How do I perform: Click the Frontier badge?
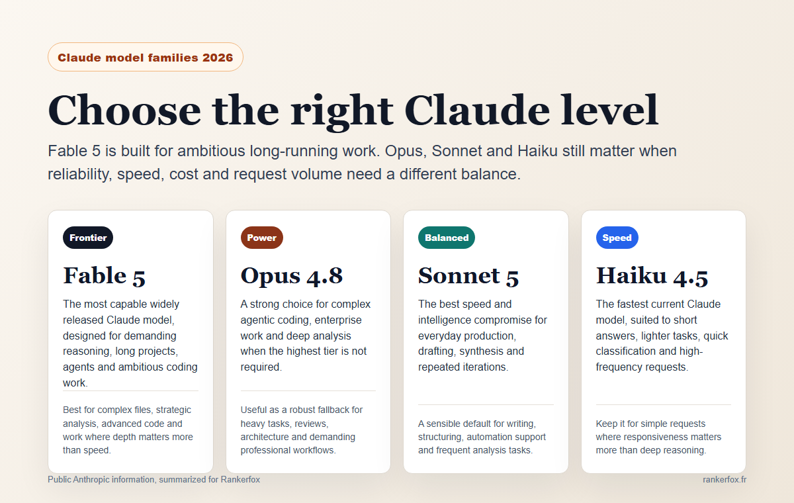click(88, 238)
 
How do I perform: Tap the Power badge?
click(261, 238)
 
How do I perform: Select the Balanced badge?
click(446, 238)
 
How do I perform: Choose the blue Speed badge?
click(617, 238)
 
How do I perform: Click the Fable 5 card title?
click(105, 276)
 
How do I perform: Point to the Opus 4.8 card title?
click(292, 276)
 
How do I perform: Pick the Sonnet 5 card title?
click(468, 276)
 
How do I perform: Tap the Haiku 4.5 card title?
click(652, 276)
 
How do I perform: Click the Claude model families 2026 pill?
click(146, 57)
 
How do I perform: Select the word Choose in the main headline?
click(124, 111)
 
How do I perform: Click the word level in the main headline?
click(609, 109)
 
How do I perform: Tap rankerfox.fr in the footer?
click(725, 480)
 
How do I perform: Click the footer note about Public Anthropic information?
click(154, 480)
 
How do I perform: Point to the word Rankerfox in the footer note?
click(240, 480)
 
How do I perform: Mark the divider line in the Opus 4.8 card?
click(308, 390)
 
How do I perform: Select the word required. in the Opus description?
click(261, 367)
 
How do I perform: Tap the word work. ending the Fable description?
click(75, 383)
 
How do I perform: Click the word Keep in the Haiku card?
click(606, 424)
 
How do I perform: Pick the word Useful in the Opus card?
click(253, 410)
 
